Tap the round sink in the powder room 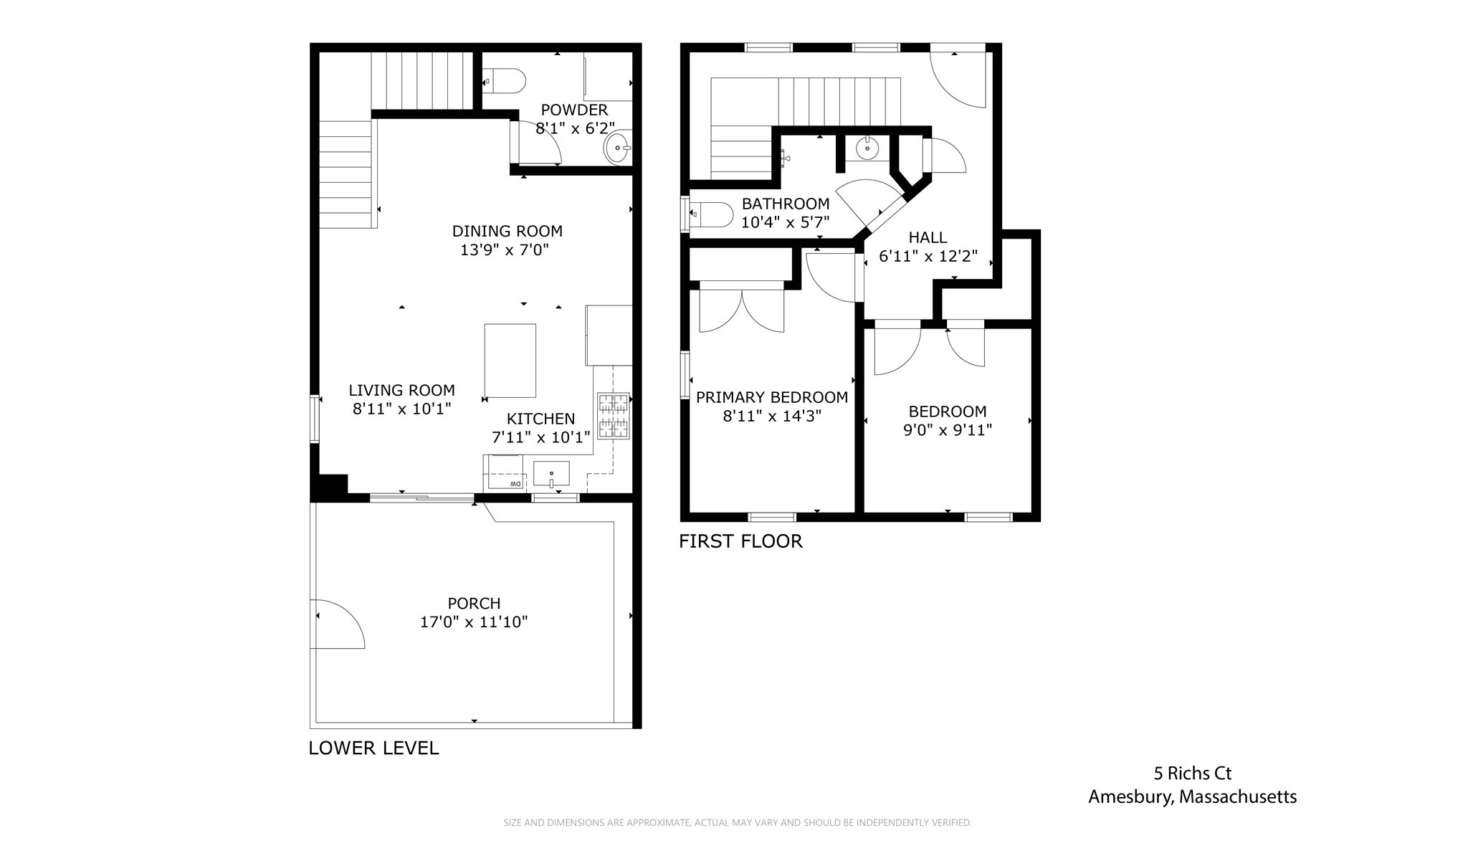pos(617,148)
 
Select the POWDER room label pos(574,110)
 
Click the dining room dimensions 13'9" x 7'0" pos(505,250)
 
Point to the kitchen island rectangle pos(510,360)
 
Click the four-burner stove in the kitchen pos(613,416)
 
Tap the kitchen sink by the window pos(551,474)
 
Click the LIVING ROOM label pos(401,390)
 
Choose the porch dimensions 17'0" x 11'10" pos(474,622)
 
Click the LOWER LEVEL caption pos(373,748)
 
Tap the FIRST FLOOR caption pos(740,541)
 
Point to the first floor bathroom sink pos(867,148)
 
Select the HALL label pos(928,237)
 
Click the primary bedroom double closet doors pos(742,308)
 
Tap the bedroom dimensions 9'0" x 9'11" pos(948,430)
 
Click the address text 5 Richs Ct pos(1192,774)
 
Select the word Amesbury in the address pos(1130,796)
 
